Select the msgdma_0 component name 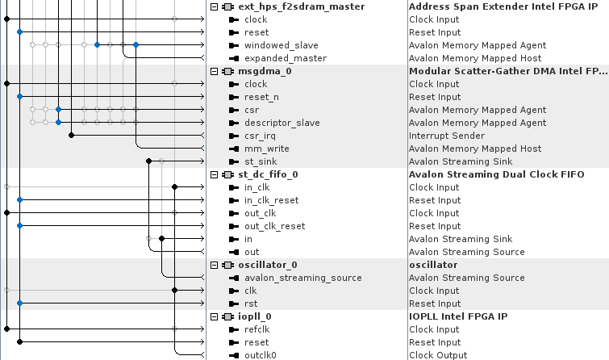click(265, 71)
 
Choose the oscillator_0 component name click(268, 265)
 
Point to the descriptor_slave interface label click(282, 123)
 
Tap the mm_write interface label click(266, 149)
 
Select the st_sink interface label click(261, 161)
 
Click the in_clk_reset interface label click(271, 200)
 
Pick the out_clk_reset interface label click(274, 226)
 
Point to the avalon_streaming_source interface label click(302, 278)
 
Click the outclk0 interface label click(261, 355)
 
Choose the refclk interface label click(258, 329)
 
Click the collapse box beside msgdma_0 click(214, 71)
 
